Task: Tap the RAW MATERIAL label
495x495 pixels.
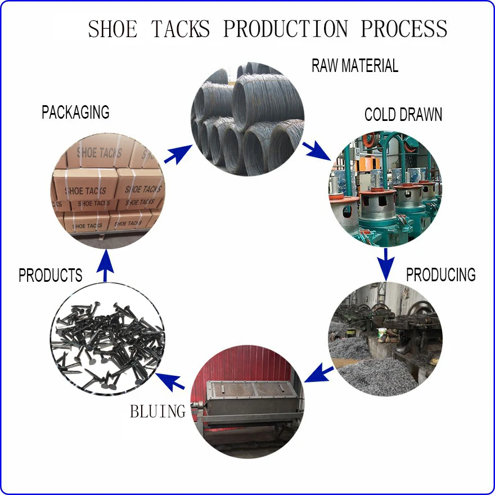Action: click(x=355, y=66)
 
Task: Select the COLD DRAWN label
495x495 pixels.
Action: click(x=403, y=115)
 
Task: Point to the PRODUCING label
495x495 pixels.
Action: click(x=441, y=275)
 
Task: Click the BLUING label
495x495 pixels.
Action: click(x=157, y=411)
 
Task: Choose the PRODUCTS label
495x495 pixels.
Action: click(x=51, y=276)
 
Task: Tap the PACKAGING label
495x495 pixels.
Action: click(x=75, y=112)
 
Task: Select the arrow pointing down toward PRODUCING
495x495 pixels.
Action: click(x=385, y=263)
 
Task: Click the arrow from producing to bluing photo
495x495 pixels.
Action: click(x=319, y=372)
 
